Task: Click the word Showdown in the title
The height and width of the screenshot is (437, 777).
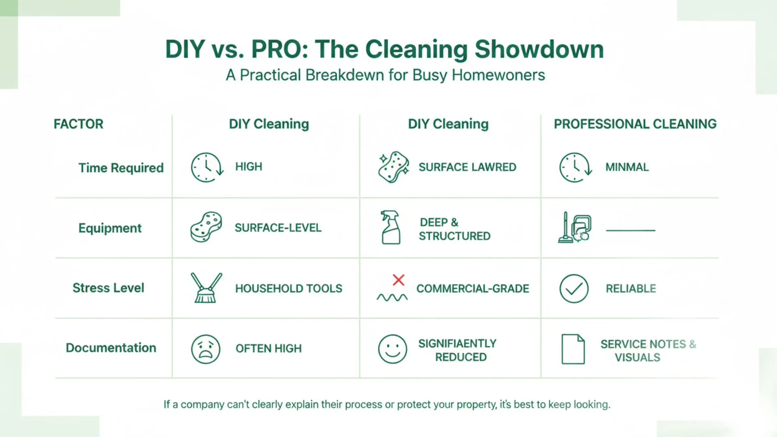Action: pos(539,49)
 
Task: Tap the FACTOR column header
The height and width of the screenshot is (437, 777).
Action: pos(79,124)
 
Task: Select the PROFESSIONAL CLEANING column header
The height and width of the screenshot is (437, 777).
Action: pos(635,124)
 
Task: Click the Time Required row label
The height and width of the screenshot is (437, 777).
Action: pos(121,168)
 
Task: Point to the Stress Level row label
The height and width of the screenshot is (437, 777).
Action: pos(108,288)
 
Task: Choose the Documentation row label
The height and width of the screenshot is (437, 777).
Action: pos(111,348)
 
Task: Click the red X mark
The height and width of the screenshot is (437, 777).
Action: pos(398,280)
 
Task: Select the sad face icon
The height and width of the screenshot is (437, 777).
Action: pos(206,349)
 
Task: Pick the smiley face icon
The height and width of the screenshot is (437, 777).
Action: pos(392,349)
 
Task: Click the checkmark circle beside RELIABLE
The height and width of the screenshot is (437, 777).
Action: pos(573,289)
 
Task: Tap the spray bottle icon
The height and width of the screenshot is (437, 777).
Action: pos(391,227)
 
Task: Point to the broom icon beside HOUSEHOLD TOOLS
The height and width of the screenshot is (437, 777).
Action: pos(206,288)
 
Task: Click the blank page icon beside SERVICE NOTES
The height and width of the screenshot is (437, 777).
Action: pos(573,349)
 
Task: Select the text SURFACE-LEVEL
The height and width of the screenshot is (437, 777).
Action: pos(278,228)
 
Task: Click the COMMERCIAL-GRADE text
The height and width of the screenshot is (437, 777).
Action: pos(473,289)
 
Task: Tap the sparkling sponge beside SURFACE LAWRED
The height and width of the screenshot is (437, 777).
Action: pos(393,167)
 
